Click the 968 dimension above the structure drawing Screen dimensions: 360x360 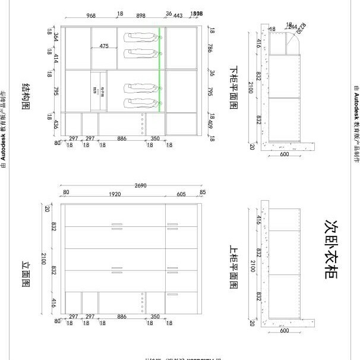point(91,15)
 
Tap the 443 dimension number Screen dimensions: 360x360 point(178,15)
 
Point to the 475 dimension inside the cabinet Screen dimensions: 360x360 point(104,46)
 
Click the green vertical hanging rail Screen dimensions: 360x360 point(159,69)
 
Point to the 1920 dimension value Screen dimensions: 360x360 point(114,194)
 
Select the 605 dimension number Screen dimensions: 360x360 point(181,194)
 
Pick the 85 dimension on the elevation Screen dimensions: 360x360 point(203,192)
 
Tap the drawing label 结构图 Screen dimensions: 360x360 point(27,97)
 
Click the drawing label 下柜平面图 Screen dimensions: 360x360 point(233,87)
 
